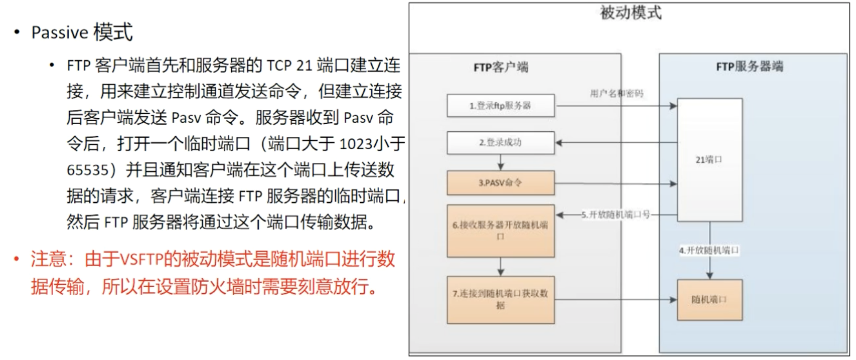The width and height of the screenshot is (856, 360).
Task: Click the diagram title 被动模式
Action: point(630,13)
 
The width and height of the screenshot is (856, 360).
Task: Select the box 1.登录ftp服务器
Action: point(501,105)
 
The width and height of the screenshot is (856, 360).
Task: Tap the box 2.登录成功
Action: point(501,142)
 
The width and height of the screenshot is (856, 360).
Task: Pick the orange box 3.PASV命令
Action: point(501,183)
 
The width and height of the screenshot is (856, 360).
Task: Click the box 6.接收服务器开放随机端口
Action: point(501,231)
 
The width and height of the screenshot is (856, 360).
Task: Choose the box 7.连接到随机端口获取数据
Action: point(501,299)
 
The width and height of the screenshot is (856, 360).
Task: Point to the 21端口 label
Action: point(709,160)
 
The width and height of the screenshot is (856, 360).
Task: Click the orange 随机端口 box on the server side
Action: point(709,300)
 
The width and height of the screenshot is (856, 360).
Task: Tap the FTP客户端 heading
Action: point(501,67)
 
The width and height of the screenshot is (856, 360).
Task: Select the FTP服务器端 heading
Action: point(750,66)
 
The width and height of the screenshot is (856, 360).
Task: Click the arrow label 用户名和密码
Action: point(617,93)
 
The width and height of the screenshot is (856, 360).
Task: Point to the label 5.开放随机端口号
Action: point(616,215)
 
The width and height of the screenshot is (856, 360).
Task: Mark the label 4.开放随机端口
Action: point(709,250)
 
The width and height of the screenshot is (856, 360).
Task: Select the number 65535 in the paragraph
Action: point(88,170)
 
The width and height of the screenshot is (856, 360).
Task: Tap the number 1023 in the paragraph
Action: point(356,144)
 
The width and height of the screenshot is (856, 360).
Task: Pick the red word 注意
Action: point(48,260)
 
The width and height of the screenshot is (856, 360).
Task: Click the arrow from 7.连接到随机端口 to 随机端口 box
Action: point(616,300)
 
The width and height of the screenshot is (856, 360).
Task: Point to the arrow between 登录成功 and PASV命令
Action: point(501,162)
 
